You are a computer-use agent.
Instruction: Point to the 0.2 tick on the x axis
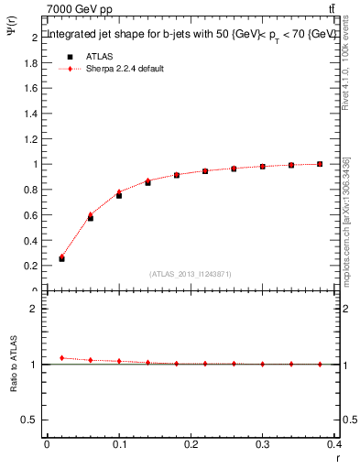point(191,447)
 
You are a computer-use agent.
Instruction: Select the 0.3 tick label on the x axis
point(264,447)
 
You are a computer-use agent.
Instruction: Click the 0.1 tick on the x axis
point(119,447)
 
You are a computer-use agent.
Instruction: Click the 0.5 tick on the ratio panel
point(32,420)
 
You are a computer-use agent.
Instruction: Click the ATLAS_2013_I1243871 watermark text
point(190,274)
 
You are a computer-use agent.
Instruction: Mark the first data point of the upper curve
point(61,258)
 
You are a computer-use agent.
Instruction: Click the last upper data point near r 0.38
point(320,164)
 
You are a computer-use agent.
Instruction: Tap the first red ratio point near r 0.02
point(61,357)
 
